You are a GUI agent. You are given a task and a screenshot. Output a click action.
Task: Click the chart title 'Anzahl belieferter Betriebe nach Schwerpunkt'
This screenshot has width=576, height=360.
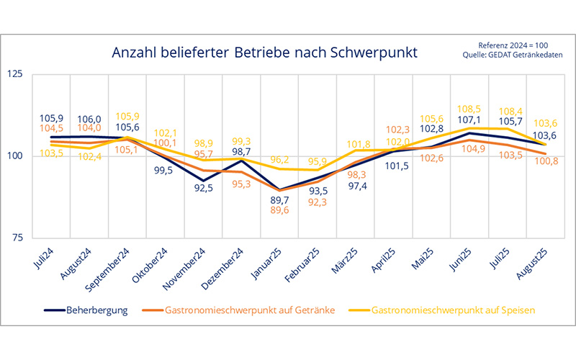coord(264,53)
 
